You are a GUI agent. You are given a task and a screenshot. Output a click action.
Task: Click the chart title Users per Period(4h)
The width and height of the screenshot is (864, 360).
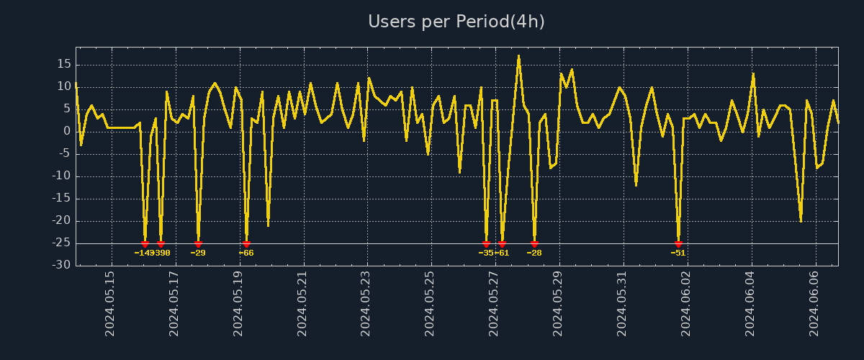456,22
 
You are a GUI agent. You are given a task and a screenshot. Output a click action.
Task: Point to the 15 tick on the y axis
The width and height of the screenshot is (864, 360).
63,64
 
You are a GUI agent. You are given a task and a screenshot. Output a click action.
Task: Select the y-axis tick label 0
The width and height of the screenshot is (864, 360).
67,131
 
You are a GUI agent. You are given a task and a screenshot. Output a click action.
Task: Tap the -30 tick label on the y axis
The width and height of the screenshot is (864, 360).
61,265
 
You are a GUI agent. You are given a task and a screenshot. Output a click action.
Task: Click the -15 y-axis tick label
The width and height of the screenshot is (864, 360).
61,199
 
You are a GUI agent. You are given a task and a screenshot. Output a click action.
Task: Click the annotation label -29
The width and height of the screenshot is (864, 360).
198,253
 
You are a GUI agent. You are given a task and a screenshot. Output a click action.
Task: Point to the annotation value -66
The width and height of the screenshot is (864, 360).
246,253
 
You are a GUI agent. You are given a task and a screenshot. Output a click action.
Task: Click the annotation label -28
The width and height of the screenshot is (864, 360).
534,253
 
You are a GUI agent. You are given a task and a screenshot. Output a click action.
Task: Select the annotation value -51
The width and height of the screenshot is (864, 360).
678,253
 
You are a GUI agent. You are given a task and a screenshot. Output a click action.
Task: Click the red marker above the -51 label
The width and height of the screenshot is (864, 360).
678,244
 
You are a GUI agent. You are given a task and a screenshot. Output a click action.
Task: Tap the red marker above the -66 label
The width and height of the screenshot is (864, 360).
246,244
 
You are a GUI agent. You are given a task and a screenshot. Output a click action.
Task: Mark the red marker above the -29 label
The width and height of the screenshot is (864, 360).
198,244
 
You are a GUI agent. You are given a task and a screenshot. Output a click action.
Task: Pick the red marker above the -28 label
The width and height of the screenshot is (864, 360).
534,244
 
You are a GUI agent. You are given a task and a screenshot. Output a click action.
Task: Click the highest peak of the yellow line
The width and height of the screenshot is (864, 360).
518,55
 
